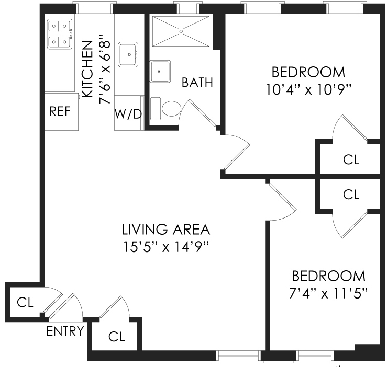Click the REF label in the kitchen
(60, 111)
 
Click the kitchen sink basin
(128, 54)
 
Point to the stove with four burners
(59, 34)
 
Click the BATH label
(197, 83)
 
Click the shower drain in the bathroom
(181, 31)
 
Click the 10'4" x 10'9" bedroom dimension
(308, 89)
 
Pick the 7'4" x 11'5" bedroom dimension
(328, 293)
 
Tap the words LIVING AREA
(165, 230)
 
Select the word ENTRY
(65, 331)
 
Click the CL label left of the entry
(25, 302)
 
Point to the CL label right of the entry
(117, 336)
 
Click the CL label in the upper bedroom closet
(351, 159)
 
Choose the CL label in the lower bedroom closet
(351, 194)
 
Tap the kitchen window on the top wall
(95, 7)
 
